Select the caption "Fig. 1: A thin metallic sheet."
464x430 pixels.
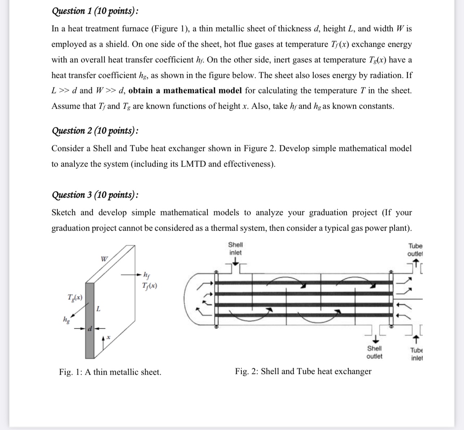click(110, 372)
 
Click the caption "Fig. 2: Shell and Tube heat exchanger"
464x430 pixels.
click(303, 371)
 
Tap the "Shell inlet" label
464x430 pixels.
click(236, 249)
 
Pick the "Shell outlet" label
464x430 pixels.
click(374, 352)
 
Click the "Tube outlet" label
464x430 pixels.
click(415, 250)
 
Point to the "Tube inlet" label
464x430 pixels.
click(417, 354)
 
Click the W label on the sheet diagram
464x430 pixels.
click(104, 259)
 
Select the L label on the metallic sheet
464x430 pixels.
click(98, 309)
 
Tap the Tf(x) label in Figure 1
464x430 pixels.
click(150, 286)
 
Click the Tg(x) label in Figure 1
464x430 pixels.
click(75, 298)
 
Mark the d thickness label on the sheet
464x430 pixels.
click(91, 329)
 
